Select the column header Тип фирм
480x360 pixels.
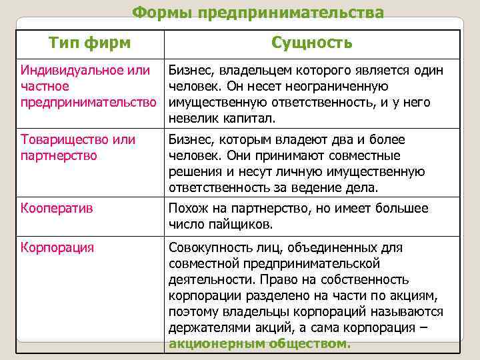point(90,43)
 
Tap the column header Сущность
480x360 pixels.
point(312,43)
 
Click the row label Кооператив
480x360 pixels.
point(57,208)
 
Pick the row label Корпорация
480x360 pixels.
point(57,247)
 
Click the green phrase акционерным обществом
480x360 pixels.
point(259,344)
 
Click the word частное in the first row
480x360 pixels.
point(45,86)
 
